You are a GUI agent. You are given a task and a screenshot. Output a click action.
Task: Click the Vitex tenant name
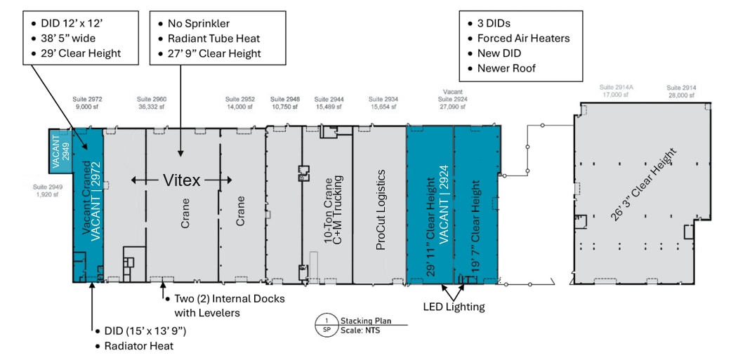[182, 180]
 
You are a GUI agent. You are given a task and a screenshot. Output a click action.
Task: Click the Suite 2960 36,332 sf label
[151, 103]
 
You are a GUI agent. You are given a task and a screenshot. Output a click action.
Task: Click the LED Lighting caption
[453, 307]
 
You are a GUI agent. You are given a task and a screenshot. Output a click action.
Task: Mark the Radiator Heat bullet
[139, 346]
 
